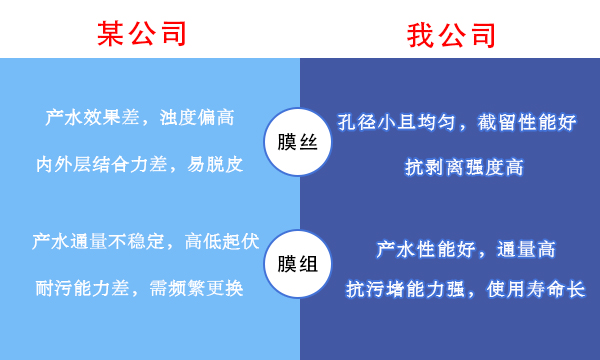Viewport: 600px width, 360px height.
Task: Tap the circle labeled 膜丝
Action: (x=298, y=141)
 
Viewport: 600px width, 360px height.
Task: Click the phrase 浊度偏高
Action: (x=197, y=117)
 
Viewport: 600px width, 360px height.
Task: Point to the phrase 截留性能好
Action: (x=527, y=123)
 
